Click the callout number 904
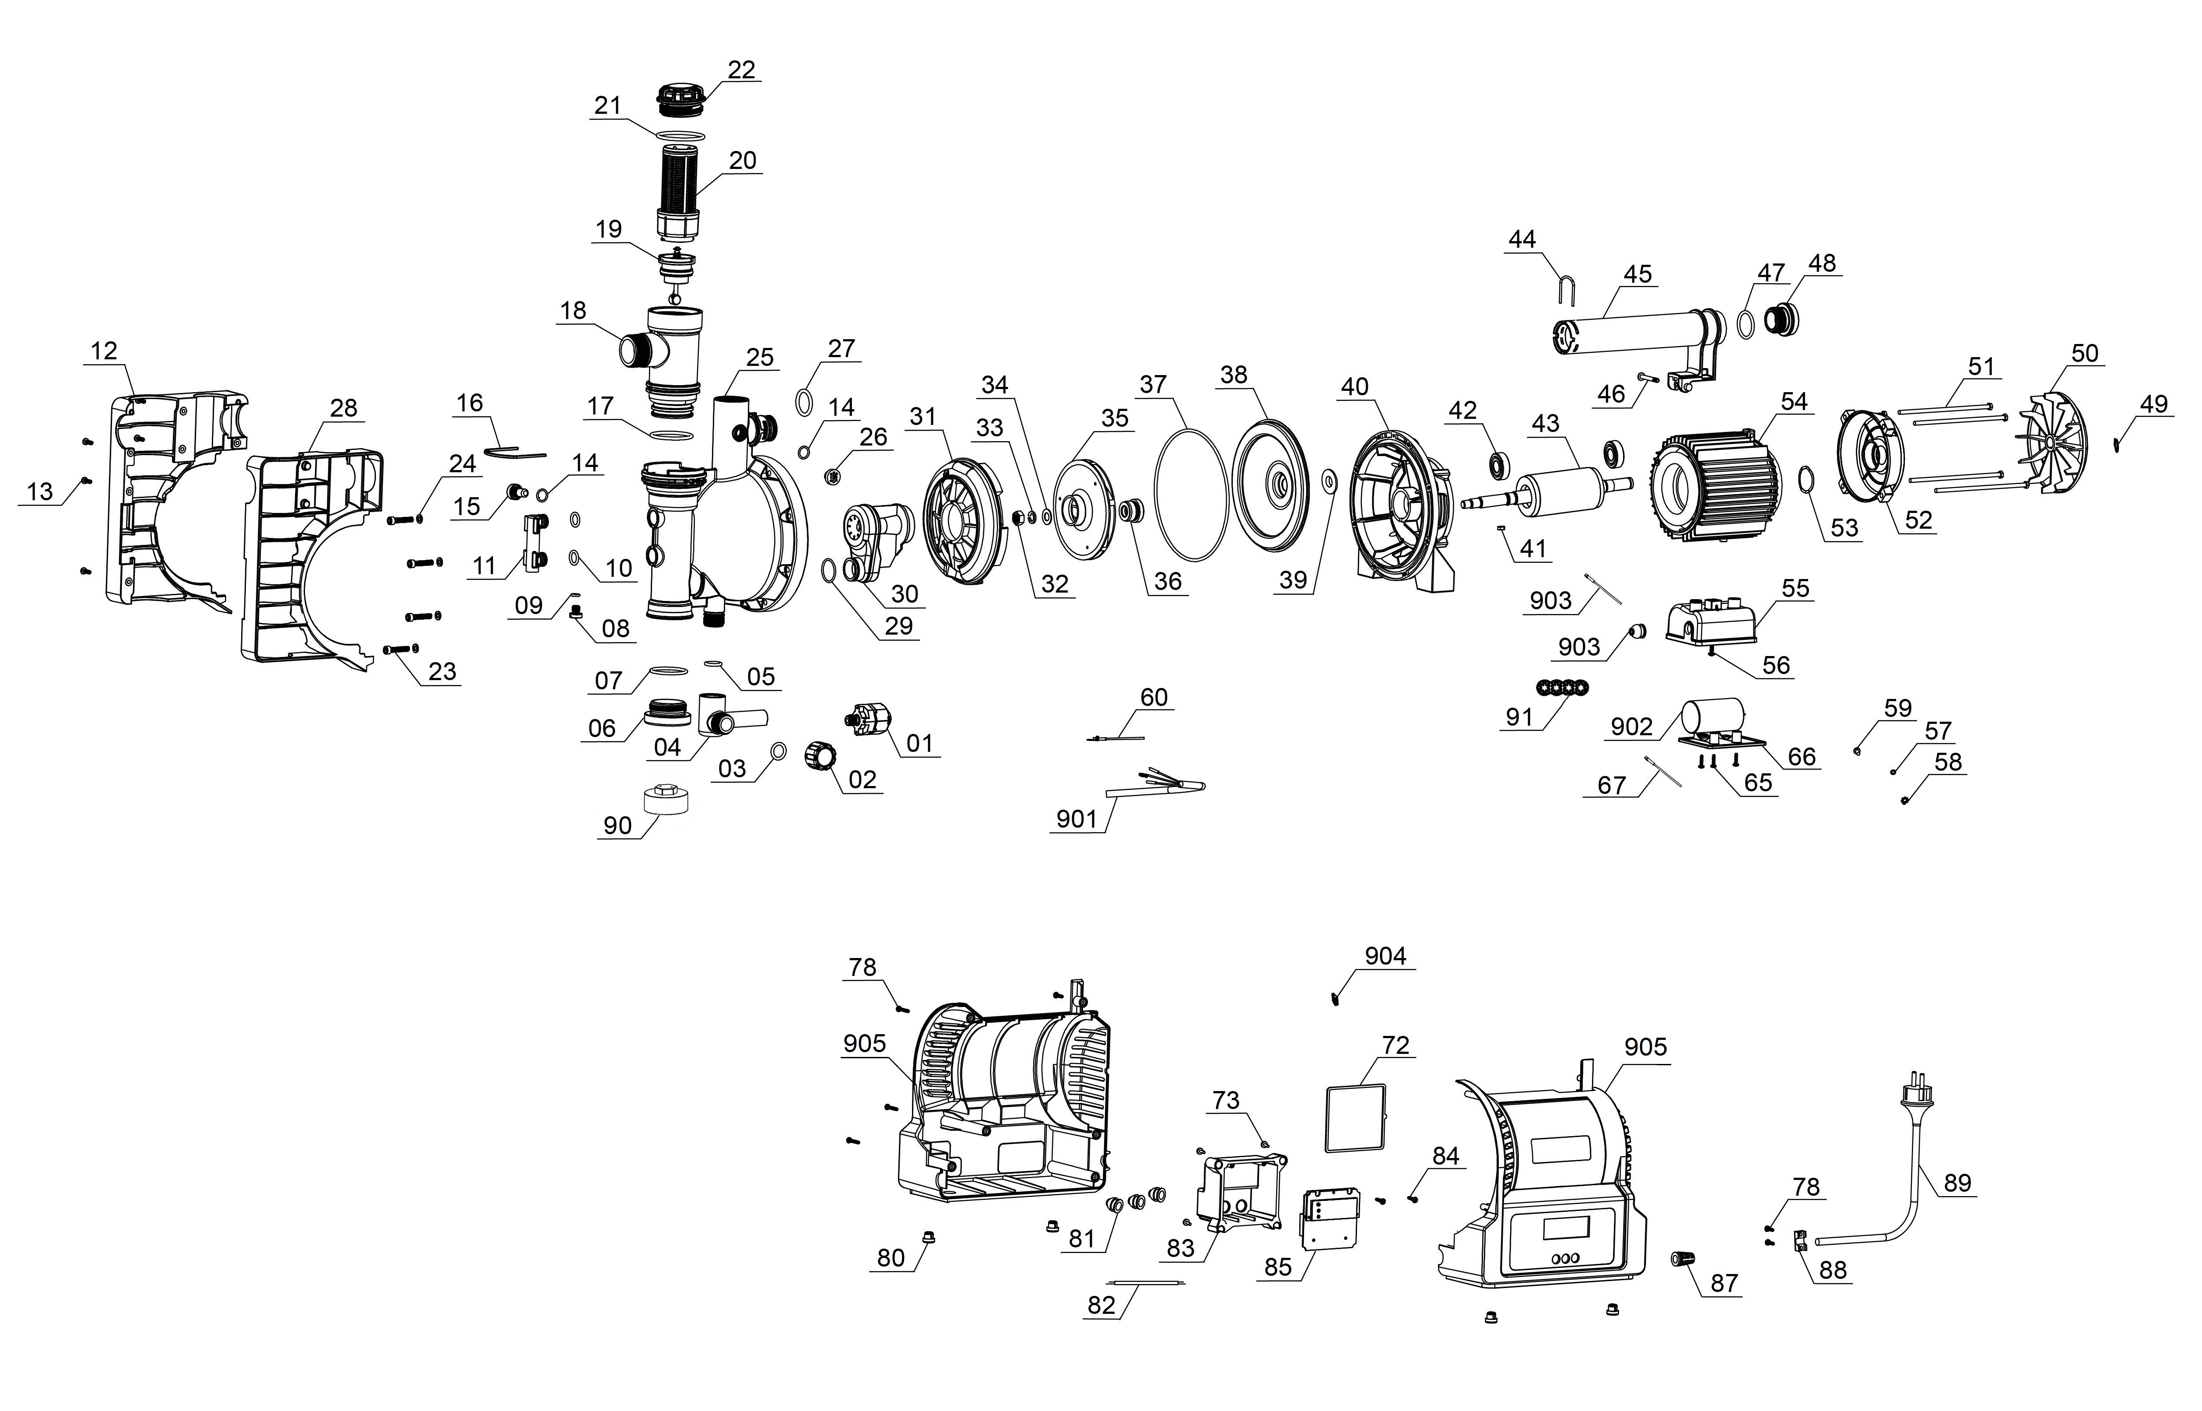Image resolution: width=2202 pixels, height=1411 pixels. tap(1385, 957)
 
